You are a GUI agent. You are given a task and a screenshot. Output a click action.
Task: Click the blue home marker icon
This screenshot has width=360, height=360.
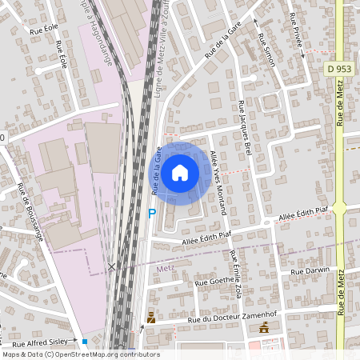coord(180,171)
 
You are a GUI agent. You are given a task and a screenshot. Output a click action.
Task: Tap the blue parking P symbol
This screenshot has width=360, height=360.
coord(151,214)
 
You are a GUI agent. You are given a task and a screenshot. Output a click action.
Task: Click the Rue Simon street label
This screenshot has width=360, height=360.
coord(266,50)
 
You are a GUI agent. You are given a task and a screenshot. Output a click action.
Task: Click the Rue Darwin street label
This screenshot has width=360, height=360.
coord(310,272)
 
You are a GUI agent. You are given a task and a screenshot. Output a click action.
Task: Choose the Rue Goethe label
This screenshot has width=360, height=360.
coord(214,282)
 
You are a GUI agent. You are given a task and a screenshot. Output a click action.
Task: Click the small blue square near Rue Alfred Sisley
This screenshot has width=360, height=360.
coord(84,342)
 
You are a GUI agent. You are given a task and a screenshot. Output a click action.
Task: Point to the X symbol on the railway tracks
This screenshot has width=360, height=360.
coord(112,266)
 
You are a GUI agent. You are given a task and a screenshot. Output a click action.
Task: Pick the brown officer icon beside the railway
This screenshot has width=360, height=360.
coord(150,318)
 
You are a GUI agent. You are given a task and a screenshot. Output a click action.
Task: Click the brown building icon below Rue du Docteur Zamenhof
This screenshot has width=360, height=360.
coord(264,328)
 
